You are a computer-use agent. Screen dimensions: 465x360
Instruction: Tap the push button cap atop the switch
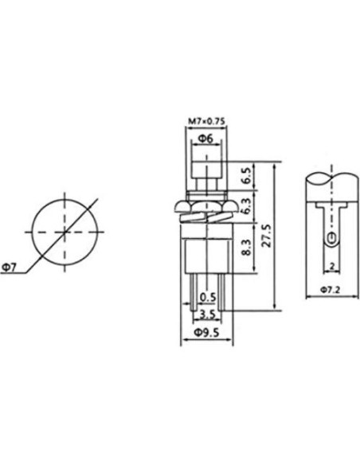[205, 171]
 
